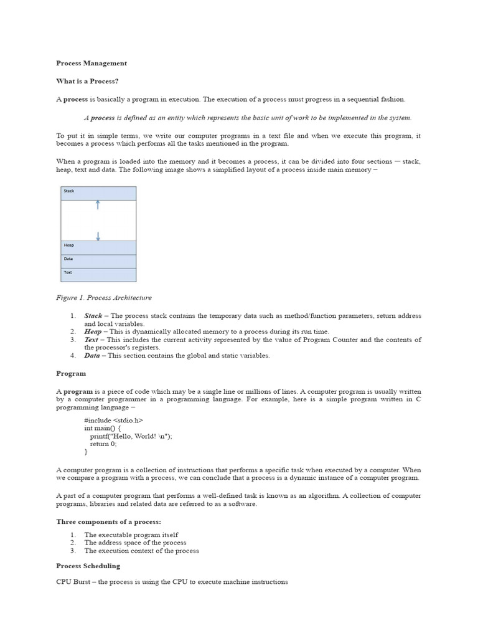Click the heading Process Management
point(91,63)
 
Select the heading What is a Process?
point(87,81)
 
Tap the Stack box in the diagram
point(98,193)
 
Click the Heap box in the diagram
point(98,247)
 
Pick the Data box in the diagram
point(98,260)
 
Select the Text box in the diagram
point(98,274)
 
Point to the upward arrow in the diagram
point(98,205)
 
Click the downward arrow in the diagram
point(98,236)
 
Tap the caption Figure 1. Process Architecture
point(104,298)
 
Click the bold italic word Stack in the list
point(93,316)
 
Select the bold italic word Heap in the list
point(93,331)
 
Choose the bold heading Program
point(71,373)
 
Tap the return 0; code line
point(103,444)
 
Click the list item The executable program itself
point(131,535)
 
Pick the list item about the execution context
point(141,551)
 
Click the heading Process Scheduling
point(88,566)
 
